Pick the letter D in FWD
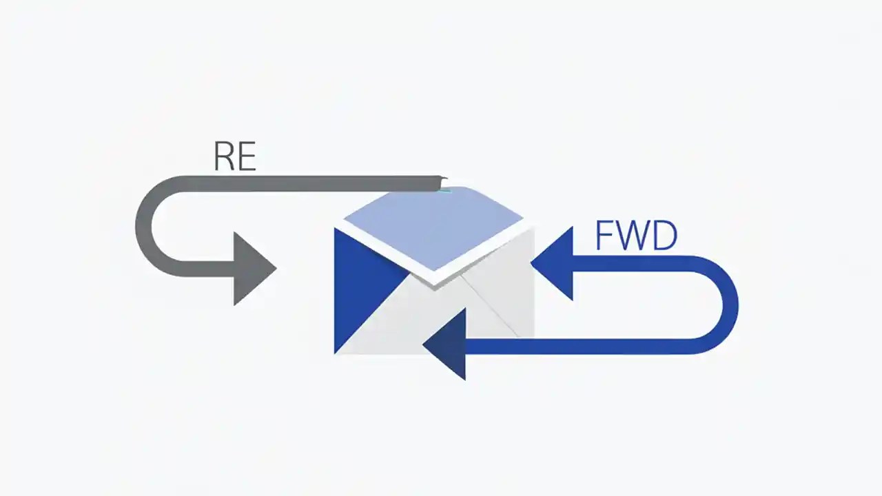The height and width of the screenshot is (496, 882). click(x=664, y=236)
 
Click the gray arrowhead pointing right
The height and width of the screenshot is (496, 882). click(x=252, y=269)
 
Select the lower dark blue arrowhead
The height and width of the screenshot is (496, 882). click(x=448, y=344)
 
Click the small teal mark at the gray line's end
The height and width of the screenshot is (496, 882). click(x=444, y=185)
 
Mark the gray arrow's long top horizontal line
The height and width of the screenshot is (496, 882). click(x=310, y=183)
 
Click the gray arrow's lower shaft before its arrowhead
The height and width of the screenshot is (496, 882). click(x=207, y=269)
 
